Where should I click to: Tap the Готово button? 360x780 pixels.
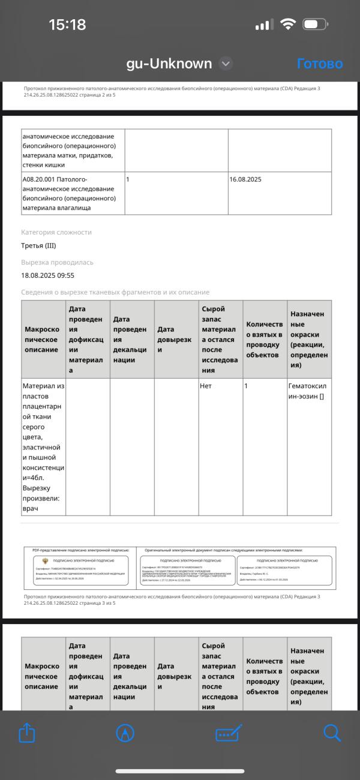click(x=320, y=64)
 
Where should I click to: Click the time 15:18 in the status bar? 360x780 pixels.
click(x=67, y=25)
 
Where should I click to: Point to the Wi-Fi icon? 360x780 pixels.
click(x=288, y=25)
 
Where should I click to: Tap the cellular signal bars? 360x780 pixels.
click(x=264, y=25)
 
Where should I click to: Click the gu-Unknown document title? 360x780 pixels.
click(x=169, y=64)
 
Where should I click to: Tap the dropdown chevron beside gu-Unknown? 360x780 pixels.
click(x=226, y=64)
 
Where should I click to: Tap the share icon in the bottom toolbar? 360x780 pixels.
click(x=28, y=733)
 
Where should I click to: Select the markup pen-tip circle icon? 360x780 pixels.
click(x=125, y=733)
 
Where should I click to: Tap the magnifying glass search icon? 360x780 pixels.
click(x=332, y=733)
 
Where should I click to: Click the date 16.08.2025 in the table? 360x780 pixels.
click(x=245, y=179)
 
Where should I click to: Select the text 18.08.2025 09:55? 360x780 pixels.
click(x=47, y=275)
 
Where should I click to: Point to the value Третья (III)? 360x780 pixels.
click(x=38, y=245)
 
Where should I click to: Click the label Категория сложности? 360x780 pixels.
click(x=56, y=232)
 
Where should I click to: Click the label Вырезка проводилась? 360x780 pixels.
click(x=57, y=262)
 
